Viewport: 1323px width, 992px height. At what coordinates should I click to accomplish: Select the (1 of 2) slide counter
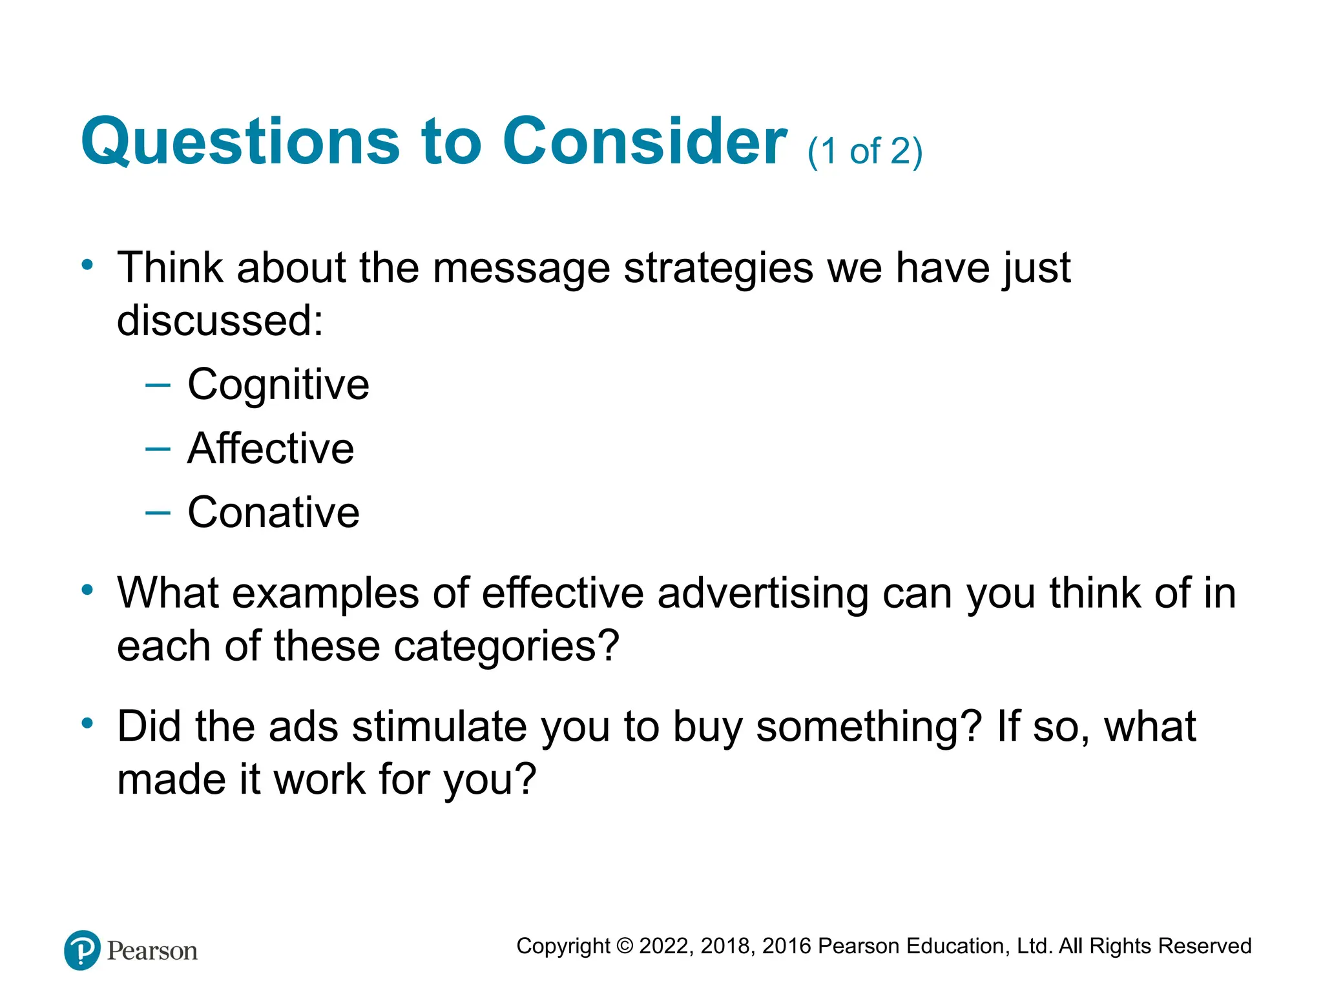click(x=864, y=152)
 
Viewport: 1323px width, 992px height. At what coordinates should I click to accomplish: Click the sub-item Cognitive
click(x=278, y=385)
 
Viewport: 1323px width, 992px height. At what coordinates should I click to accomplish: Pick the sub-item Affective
click(x=271, y=448)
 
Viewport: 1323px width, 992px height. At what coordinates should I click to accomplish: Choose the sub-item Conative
click(x=273, y=512)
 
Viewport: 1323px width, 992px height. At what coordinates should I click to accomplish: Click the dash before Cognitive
click(x=158, y=386)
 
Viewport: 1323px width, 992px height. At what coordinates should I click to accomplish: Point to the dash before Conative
click(x=158, y=513)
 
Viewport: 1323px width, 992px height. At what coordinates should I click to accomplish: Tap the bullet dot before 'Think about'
click(x=88, y=264)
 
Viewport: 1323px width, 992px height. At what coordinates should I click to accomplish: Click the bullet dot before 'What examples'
click(x=88, y=589)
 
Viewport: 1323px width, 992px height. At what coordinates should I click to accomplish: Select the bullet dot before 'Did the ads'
click(x=88, y=723)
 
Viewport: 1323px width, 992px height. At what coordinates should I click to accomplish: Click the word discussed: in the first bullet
click(x=220, y=320)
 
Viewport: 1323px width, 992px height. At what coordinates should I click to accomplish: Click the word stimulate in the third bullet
click(x=439, y=727)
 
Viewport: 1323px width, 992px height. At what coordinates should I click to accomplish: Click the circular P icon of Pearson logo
click(x=83, y=950)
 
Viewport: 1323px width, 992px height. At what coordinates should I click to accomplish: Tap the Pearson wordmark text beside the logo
click(x=152, y=951)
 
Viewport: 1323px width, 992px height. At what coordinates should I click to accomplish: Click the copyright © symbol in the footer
click(x=625, y=946)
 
